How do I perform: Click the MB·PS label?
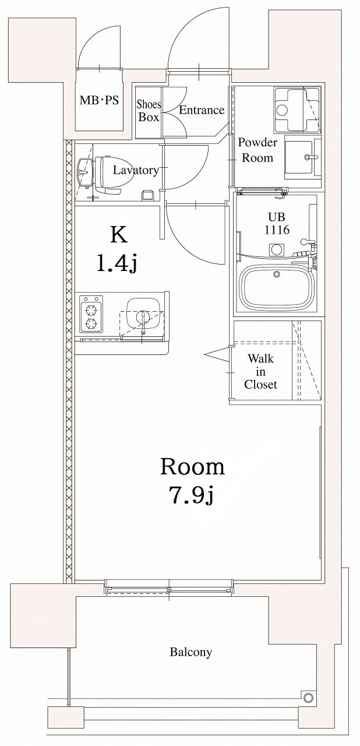(x=99, y=100)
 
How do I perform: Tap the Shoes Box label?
(x=149, y=111)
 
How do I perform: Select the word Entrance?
(x=202, y=110)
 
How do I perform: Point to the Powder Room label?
(x=257, y=150)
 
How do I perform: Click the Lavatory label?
(x=135, y=170)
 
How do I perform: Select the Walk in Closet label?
(x=260, y=371)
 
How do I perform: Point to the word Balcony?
(x=190, y=652)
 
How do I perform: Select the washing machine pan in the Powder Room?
(x=297, y=110)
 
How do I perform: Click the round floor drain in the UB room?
(x=276, y=249)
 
